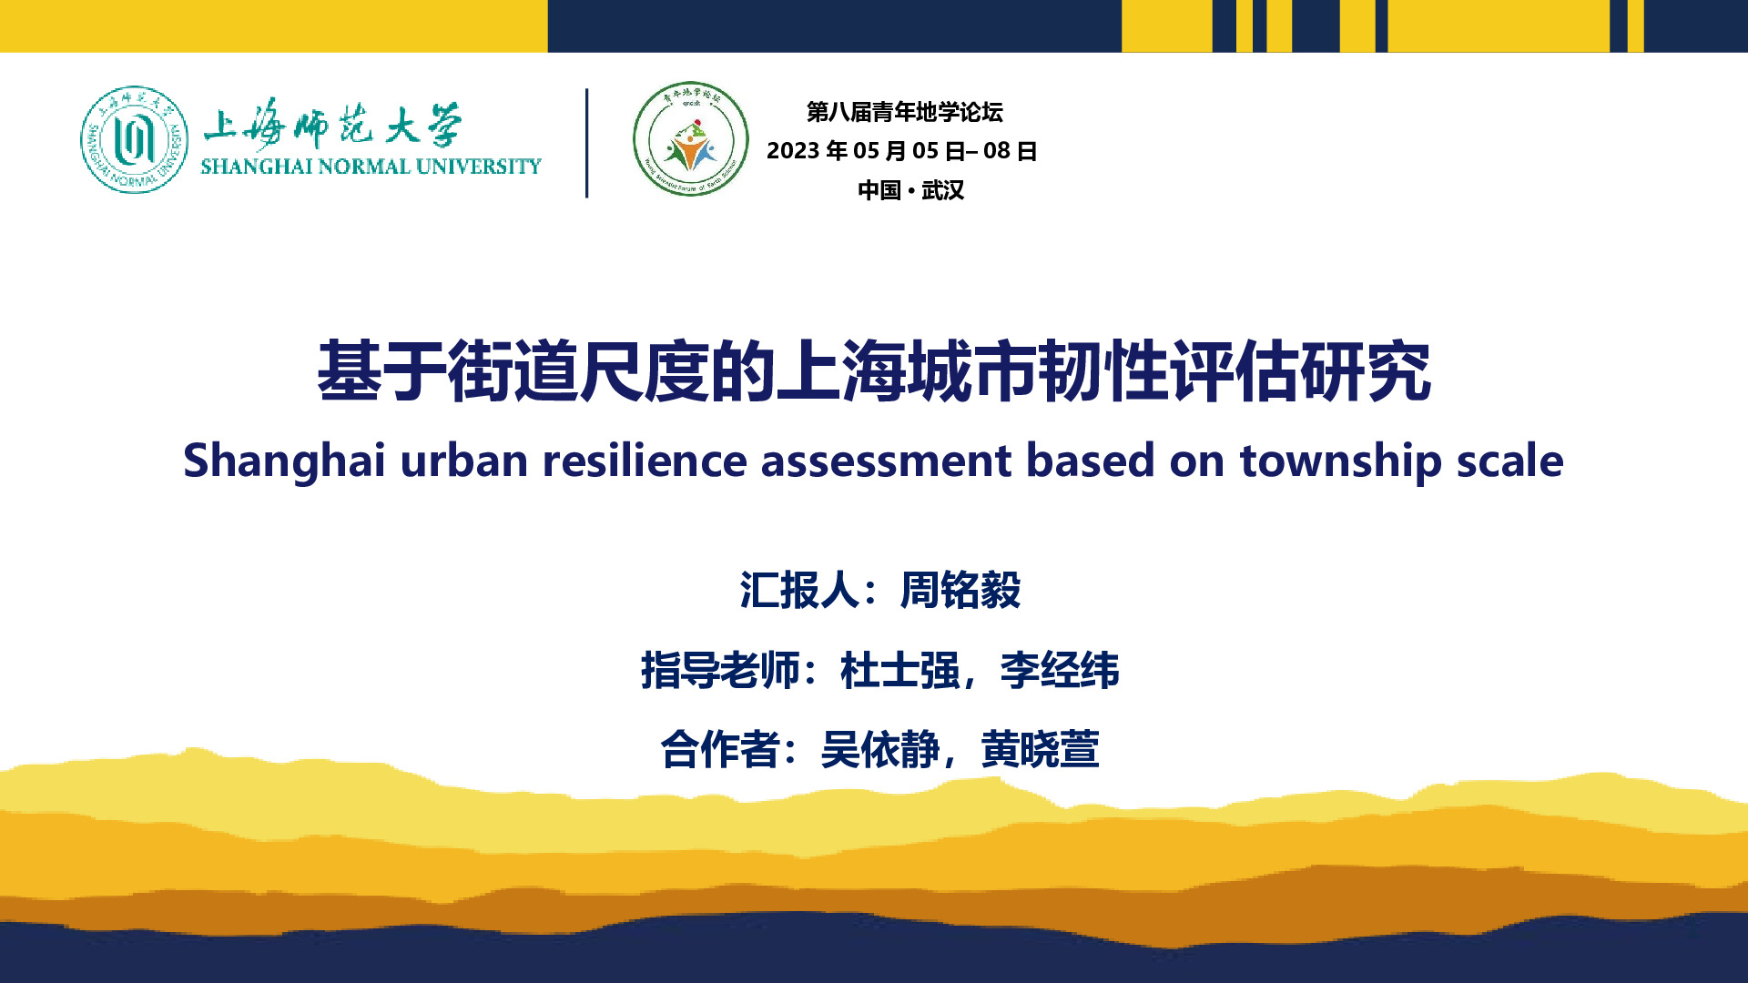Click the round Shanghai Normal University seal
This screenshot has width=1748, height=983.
[x=135, y=139]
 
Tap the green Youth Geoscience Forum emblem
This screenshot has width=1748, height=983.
[x=690, y=139]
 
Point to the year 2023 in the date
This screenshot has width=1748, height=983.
[x=793, y=151]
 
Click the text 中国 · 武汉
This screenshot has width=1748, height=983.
[x=910, y=190]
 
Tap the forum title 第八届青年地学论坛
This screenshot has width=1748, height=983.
[x=904, y=112]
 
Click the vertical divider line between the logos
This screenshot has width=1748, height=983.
[x=587, y=143]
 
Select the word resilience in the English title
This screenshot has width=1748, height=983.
[x=645, y=460]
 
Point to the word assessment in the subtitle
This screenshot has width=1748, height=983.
[x=886, y=461]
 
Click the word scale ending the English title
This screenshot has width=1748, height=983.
[x=1510, y=460]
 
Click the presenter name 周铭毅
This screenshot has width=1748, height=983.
[x=960, y=590]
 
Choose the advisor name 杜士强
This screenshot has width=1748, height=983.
[x=899, y=671]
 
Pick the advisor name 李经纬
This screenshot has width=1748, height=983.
[x=1060, y=671]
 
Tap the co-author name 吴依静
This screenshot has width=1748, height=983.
[x=879, y=750]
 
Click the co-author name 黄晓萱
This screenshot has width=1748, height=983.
[x=1040, y=750]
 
